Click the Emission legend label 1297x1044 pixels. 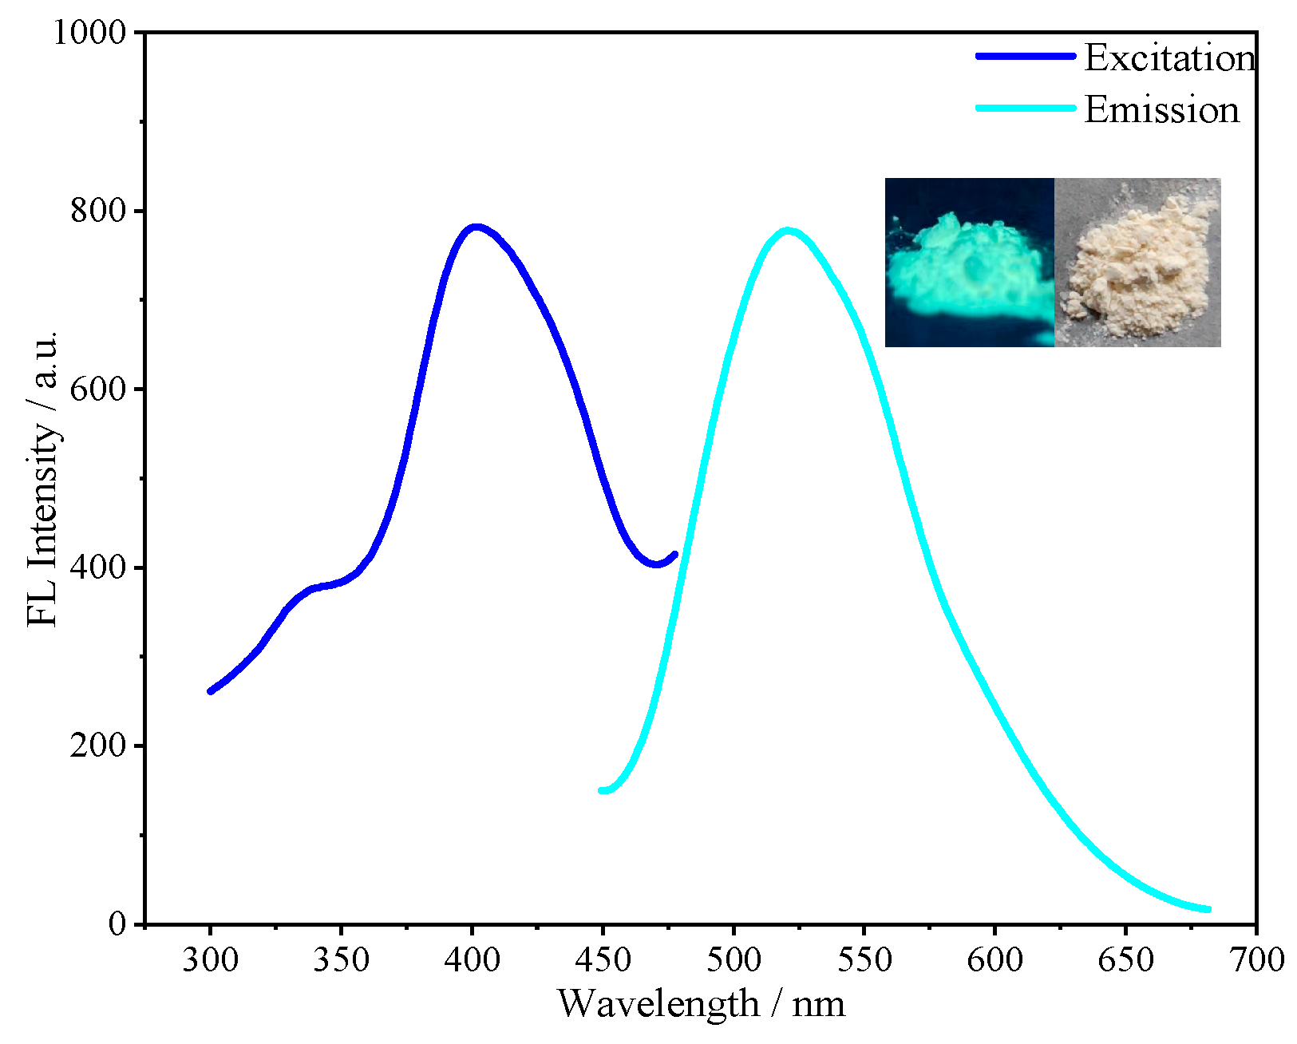1161,110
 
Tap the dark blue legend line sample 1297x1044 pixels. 1026,56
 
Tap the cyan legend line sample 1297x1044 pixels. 1026,108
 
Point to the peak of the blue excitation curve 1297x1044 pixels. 476,227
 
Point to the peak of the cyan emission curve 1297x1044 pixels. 788,231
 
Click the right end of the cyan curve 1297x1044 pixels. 1208,909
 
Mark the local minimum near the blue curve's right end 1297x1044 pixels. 656,564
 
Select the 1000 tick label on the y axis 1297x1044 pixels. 89,33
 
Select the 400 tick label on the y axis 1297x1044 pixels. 98,567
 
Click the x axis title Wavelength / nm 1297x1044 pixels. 701,1004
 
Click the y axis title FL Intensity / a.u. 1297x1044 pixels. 43,478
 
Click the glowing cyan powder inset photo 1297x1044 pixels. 969,263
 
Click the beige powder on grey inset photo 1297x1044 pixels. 1137,263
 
